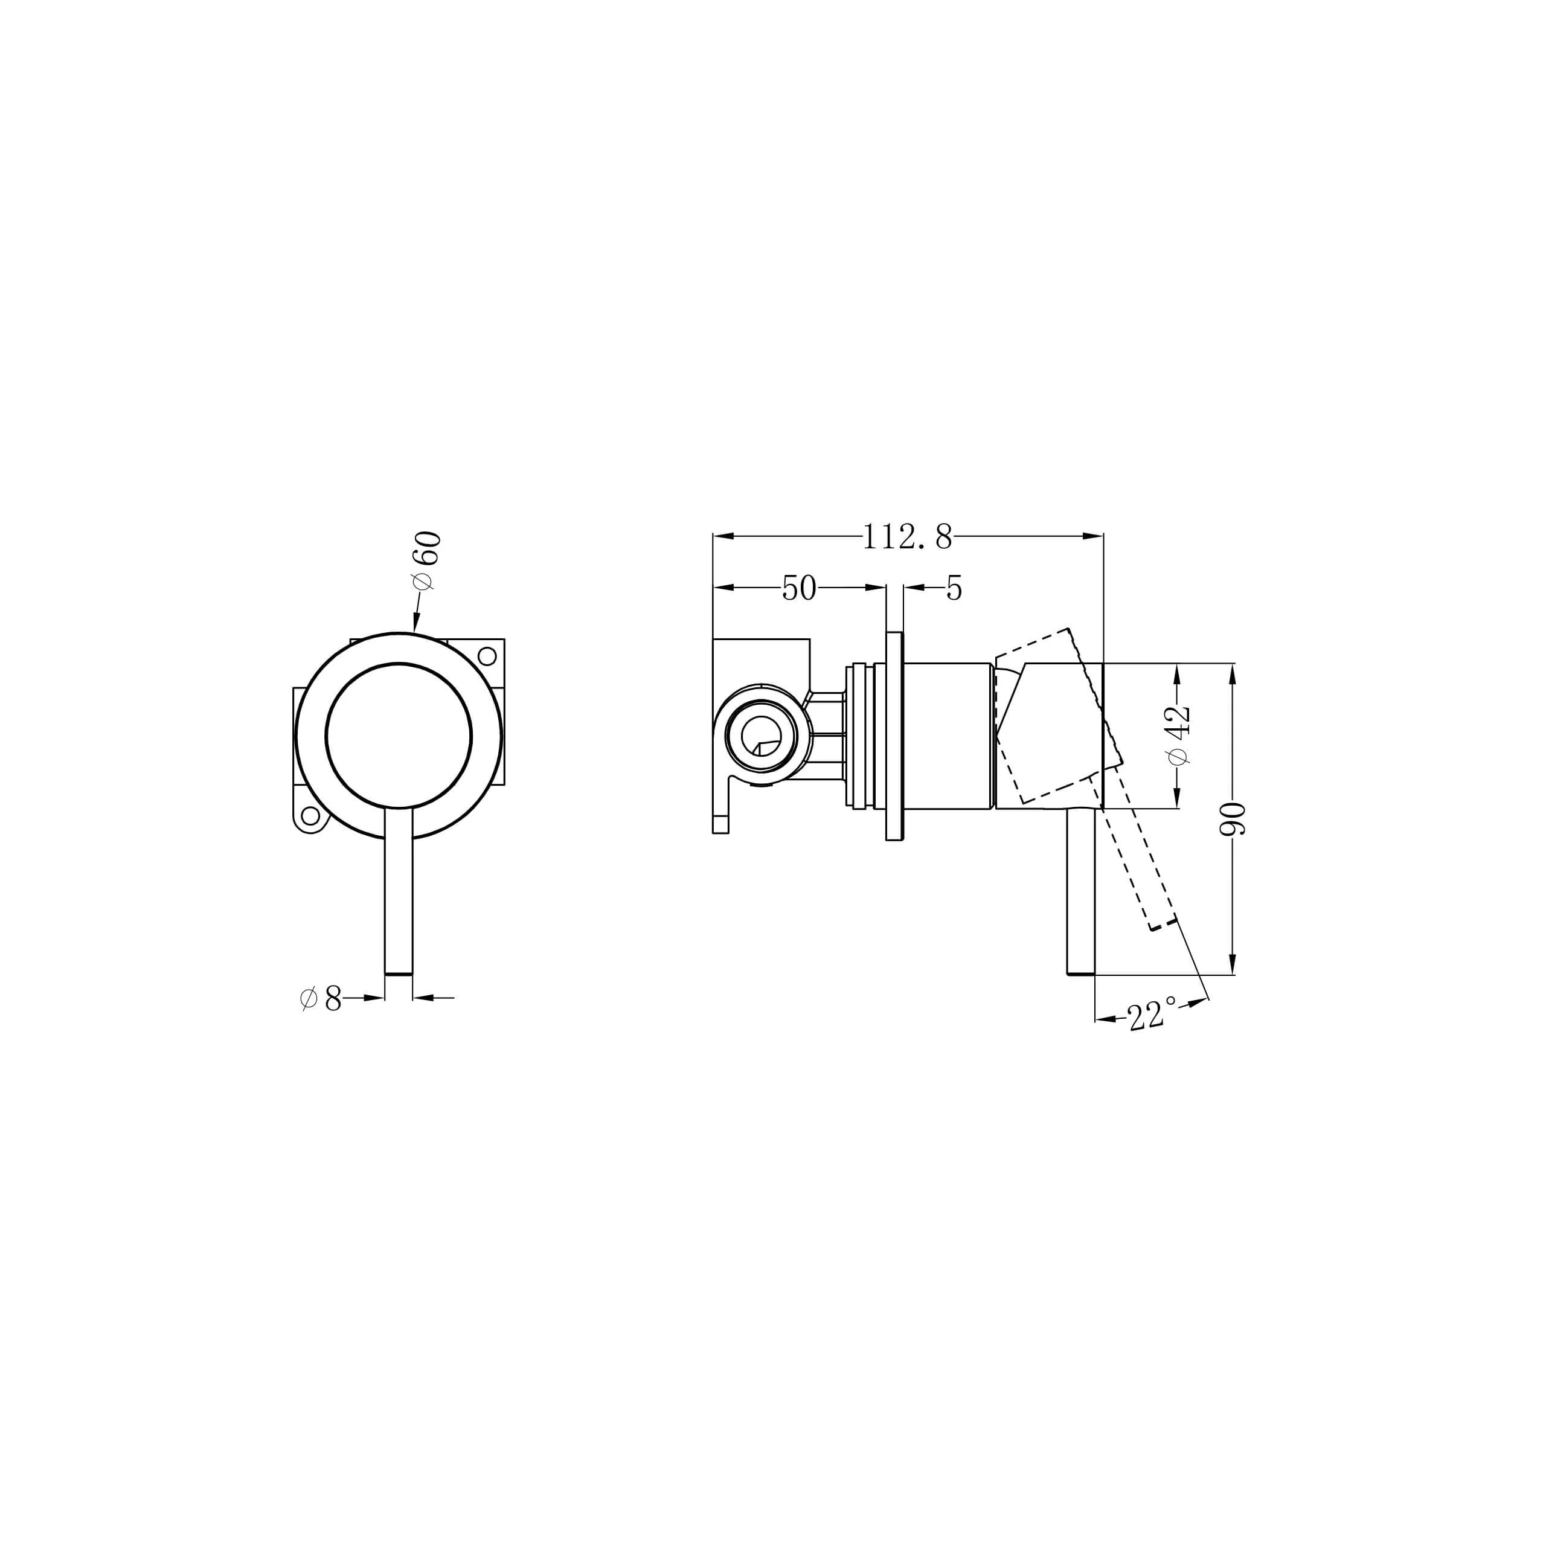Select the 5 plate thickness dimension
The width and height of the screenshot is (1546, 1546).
954,588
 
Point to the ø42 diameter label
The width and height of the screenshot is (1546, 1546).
1179,734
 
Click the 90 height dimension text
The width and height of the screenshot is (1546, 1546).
1233,819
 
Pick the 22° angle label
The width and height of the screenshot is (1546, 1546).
1152,1014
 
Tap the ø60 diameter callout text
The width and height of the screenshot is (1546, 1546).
426,561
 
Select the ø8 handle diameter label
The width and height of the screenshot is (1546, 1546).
321,999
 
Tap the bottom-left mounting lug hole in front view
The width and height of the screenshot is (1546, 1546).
310,817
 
